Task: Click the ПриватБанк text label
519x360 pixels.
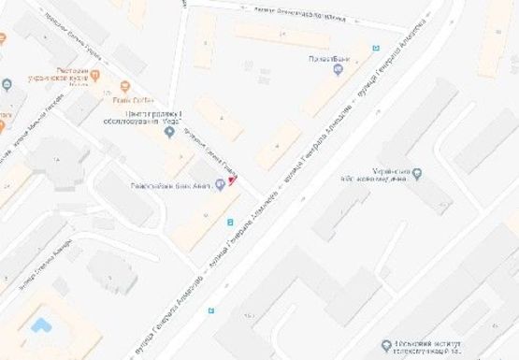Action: (x=329, y=60)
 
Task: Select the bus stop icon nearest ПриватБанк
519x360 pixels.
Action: (x=376, y=48)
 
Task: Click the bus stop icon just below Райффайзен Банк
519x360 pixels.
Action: (x=230, y=222)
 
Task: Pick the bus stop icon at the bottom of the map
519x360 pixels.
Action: (x=211, y=312)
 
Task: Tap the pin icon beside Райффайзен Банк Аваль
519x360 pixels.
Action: (x=221, y=184)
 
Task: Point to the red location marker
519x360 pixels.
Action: (x=233, y=177)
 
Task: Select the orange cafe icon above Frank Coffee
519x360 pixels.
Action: (x=122, y=87)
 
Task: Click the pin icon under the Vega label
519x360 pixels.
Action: (x=169, y=132)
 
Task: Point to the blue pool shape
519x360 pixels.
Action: (x=40, y=324)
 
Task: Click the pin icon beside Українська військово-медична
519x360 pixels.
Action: (x=417, y=174)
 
